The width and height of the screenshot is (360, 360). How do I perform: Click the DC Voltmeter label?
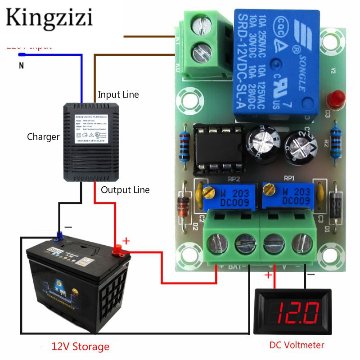coord(297,345)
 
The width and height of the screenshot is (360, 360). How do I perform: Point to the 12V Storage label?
coord(80,346)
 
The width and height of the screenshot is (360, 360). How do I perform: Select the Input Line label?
coord(118,94)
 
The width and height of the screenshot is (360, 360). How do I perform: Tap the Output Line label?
coord(125,189)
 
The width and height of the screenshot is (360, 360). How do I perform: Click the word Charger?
coord(43,137)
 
